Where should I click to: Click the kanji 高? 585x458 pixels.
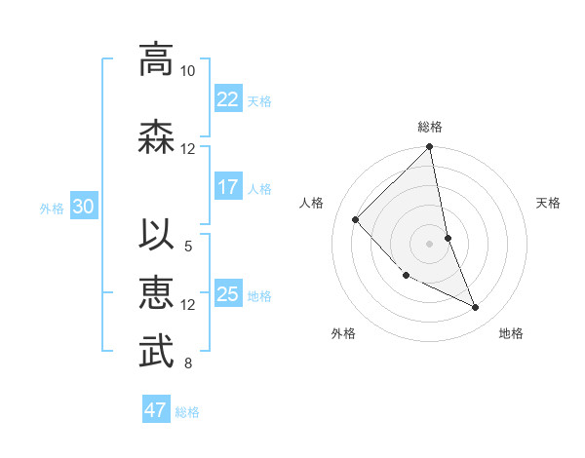coord(156,59)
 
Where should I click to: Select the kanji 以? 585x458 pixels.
coord(156,236)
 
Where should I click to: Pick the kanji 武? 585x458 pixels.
coord(156,353)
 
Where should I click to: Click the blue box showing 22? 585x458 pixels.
coord(228,99)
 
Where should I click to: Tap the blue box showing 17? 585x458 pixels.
coord(228,187)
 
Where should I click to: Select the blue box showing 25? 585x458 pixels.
coord(228,294)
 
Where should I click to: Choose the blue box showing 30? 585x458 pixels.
coord(83,207)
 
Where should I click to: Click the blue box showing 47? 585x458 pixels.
coord(156,410)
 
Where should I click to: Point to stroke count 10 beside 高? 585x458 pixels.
coord(187,71)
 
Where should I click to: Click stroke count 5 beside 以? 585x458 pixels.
coord(187,247)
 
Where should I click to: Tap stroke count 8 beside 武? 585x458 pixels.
coord(187,363)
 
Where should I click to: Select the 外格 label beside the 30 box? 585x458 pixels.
coord(52,208)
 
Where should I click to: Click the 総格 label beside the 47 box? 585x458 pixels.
coord(187,411)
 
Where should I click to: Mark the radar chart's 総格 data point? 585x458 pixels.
coord(429,147)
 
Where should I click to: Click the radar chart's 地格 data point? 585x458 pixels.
coord(476,308)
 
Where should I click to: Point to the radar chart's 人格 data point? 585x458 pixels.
coord(356,220)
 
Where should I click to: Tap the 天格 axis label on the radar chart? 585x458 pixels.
coord(549,203)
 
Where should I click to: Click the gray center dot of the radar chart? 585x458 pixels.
coord(429,243)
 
